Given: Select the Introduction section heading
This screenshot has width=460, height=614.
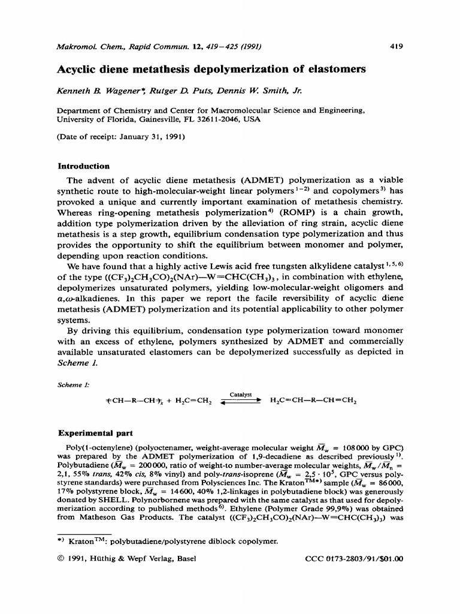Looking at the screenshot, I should [x=83, y=166].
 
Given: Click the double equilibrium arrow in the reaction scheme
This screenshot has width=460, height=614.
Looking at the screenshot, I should [x=242, y=402].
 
